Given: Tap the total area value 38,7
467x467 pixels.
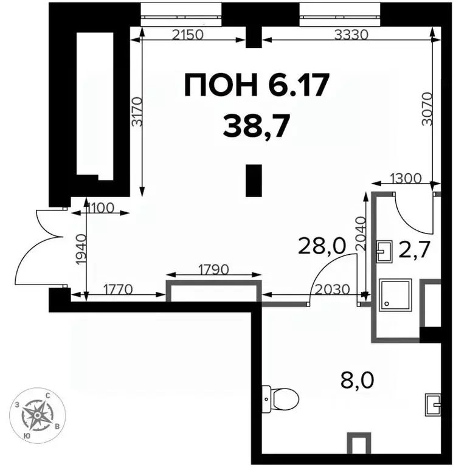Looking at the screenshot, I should click(256, 126).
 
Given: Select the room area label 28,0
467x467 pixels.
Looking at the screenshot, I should click(322, 247).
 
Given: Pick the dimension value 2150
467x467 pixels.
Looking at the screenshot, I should click(187, 35).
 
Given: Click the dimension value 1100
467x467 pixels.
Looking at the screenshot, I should click(99, 208).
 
